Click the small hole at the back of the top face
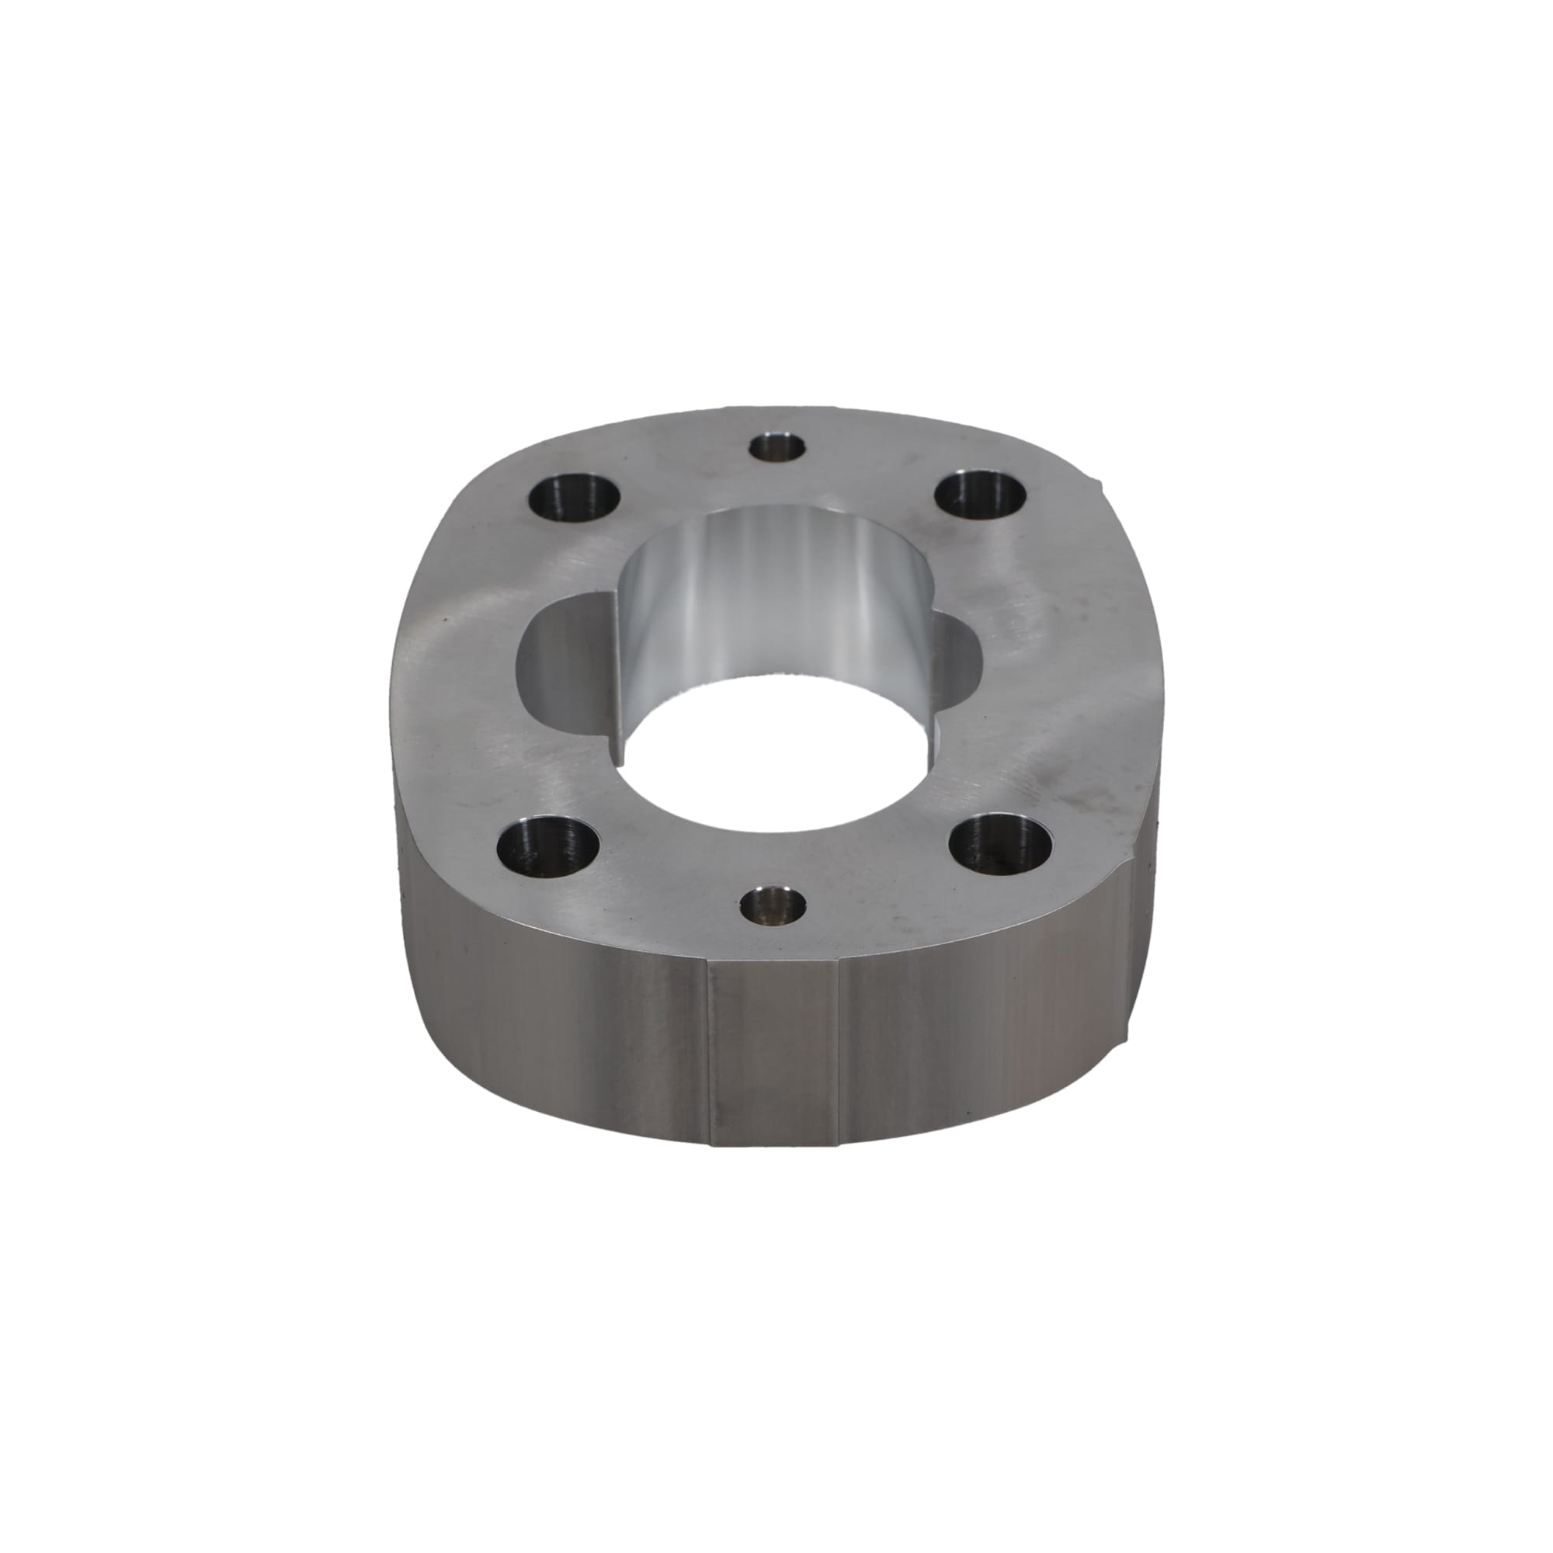(776, 447)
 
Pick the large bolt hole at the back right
(981, 494)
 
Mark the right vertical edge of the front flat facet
(839, 1053)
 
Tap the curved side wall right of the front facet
(981, 1021)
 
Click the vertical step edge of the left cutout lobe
(621, 683)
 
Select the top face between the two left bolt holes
(466, 676)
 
